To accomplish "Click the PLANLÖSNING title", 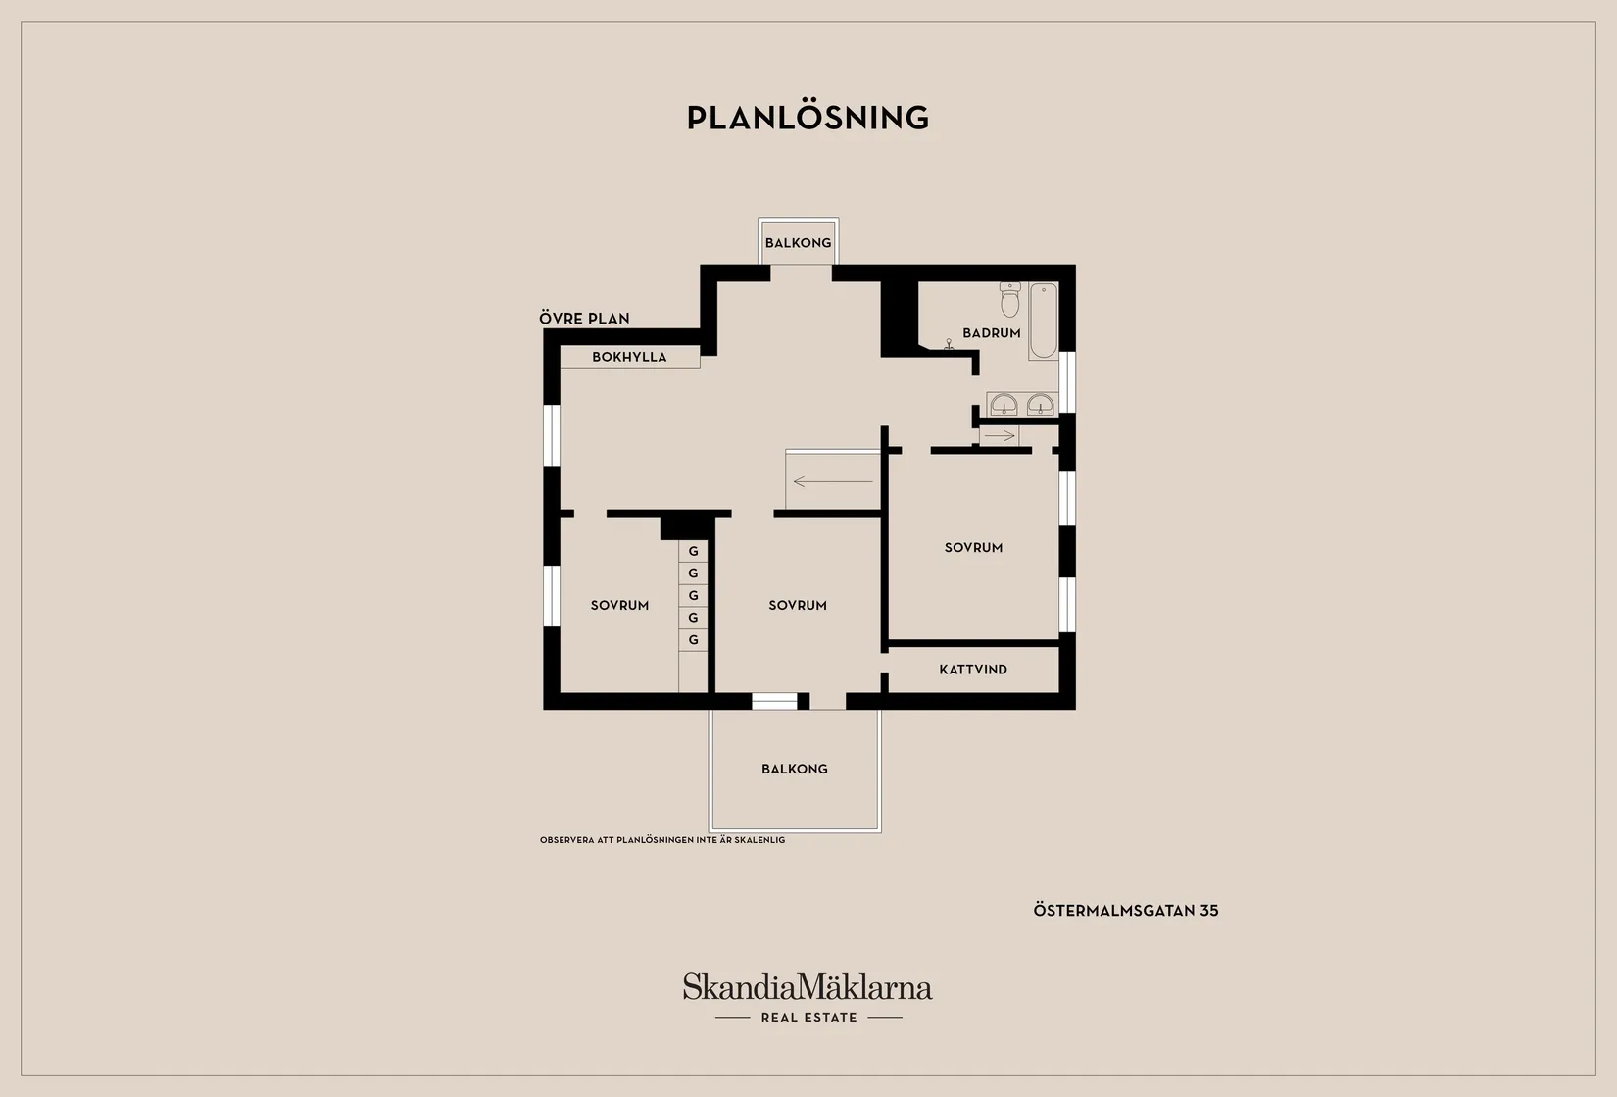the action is coord(808,118).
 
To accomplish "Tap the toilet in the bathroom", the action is coord(1010,300).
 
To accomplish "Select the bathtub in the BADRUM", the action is coord(1043,321).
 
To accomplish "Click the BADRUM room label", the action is coord(991,333).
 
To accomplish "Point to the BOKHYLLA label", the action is coord(629,357).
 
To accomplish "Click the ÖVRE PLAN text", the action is coord(584,318).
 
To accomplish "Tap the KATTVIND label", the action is coord(973,670).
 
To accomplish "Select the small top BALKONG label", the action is coord(798,243).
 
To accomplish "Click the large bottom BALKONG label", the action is coord(794,770).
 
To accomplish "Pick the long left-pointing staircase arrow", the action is coord(833,481).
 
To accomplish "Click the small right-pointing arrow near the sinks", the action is coord(1000,436).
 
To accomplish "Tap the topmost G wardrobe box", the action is coord(693,552).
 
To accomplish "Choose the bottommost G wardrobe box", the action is coord(693,640).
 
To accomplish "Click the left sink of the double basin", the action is coord(1004,405).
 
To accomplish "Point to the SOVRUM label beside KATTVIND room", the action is coord(973,547).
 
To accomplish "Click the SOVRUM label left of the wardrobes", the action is coord(619,605).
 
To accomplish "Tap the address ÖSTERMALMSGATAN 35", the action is coord(1125,911).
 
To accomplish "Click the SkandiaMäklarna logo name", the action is coord(808,986).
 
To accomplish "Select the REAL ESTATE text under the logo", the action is coord(809,1018).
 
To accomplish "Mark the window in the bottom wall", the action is coord(774,701).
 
